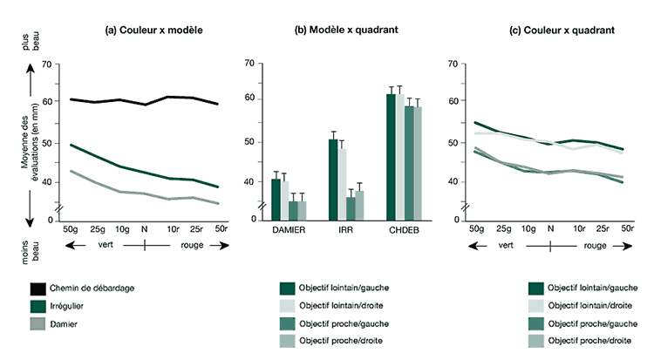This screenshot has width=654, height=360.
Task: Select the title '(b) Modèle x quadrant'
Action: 346,30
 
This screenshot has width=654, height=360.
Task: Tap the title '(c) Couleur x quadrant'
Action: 561,30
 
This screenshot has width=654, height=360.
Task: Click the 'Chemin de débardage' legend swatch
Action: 37,288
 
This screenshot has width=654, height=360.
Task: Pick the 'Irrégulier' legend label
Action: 77,305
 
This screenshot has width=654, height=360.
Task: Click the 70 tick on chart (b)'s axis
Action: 249,64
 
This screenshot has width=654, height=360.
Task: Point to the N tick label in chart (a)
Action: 145,229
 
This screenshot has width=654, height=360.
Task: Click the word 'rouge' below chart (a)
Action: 193,246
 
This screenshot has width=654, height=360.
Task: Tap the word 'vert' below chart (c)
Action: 505,246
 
